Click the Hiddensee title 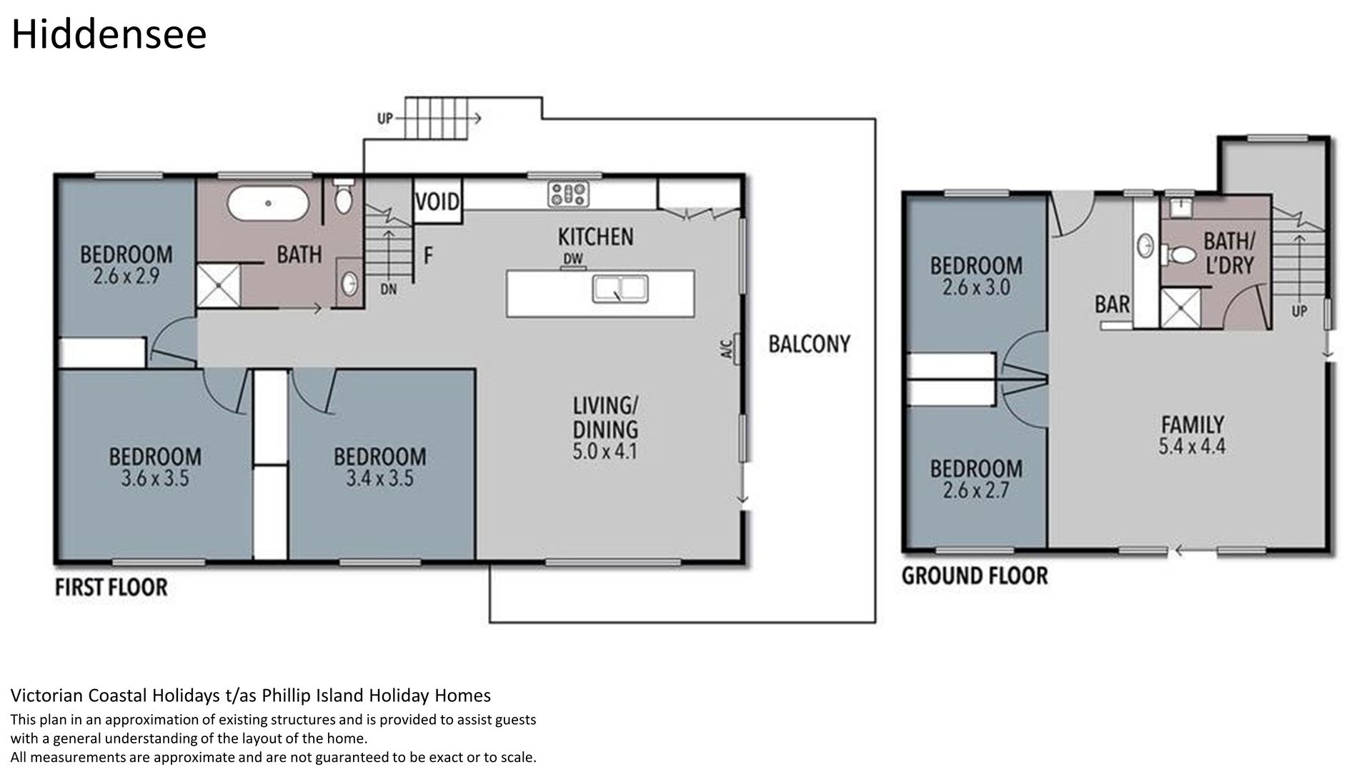click(109, 34)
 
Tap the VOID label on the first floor click(437, 202)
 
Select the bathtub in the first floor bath click(269, 203)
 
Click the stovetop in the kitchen click(569, 194)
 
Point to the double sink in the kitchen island click(620, 288)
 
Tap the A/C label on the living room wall click(726, 350)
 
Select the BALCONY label click(809, 345)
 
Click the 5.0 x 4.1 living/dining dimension click(605, 452)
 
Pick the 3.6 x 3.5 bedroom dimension click(155, 478)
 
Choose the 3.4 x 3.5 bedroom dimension click(379, 478)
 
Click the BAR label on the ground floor click(1113, 305)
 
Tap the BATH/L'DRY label click(1229, 253)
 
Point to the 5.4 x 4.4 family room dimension click(1192, 447)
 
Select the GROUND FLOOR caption click(975, 575)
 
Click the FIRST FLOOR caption click(111, 588)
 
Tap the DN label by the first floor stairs click(389, 289)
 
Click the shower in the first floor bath click(218, 286)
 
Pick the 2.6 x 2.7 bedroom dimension click(975, 491)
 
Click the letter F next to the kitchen click(428, 255)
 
